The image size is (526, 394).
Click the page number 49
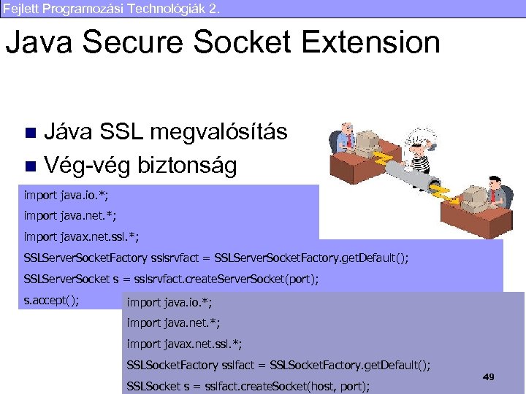click(489, 376)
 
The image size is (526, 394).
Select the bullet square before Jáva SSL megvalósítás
click(30, 134)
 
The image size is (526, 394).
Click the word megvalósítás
click(218, 133)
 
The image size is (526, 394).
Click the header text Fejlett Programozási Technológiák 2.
click(110, 9)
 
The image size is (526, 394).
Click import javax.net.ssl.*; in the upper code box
click(81, 237)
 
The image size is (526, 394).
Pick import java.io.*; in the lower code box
click(169, 302)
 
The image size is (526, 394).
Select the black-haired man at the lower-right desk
click(497, 192)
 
